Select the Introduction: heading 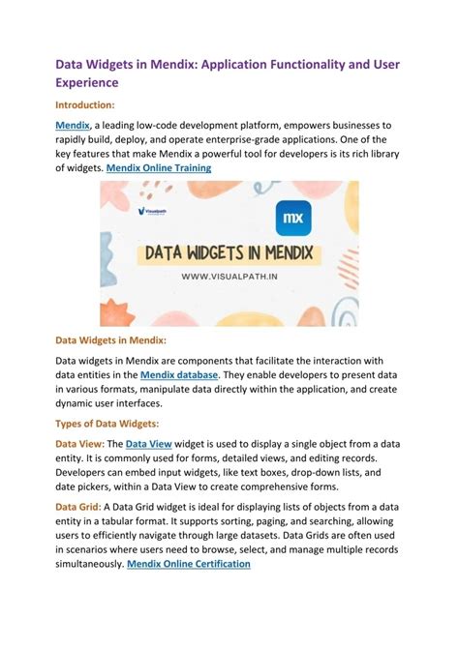85,103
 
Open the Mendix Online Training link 159,167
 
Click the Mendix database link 180,374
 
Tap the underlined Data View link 145,442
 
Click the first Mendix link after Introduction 73,125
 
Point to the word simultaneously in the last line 90,564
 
